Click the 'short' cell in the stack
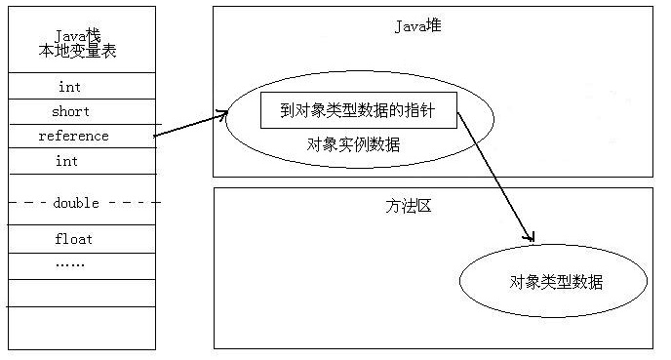pyautogui.click(x=70, y=111)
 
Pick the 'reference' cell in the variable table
pyautogui.click(x=73, y=136)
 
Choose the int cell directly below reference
pyautogui.click(x=66, y=161)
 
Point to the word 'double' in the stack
pyautogui.click(x=76, y=203)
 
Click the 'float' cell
pyautogui.click(x=74, y=238)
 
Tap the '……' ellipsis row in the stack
pyautogui.click(x=69, y=263)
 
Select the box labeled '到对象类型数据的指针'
pyautogui.click(x=359, y=111)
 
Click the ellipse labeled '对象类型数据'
pyautogui.click(x=554, y=282)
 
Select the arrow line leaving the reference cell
pyautogui.click(x=190, y=126)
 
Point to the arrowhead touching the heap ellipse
pyautogui.click(x=222, y=116)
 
